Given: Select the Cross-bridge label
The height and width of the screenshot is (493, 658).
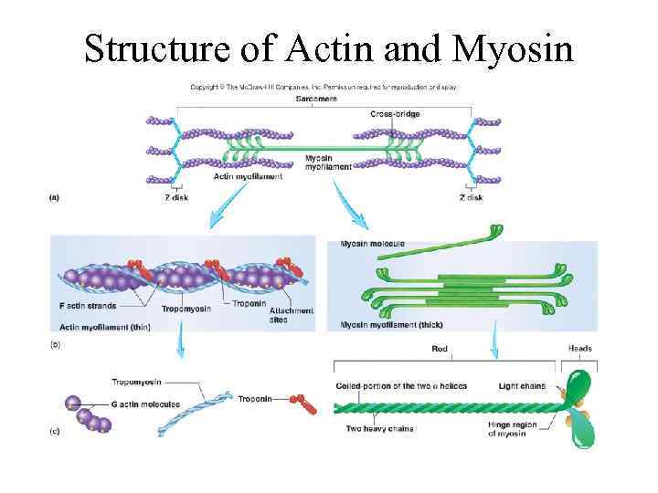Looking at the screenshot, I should [395, 114].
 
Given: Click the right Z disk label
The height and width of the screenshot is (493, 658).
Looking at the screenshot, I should [471, 198].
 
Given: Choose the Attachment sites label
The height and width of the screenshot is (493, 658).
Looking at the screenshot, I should [291, 315].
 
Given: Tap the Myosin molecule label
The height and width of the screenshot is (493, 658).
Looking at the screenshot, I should [372, 244].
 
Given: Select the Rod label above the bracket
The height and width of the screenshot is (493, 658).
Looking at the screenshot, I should [439, 348].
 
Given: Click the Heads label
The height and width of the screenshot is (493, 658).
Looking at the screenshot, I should [579, 348].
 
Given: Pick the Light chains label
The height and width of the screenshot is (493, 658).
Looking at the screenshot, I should [522, 386].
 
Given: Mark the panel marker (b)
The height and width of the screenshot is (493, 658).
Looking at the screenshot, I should [54, 344].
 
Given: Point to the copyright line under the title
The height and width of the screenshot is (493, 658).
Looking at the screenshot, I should [323, 87].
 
